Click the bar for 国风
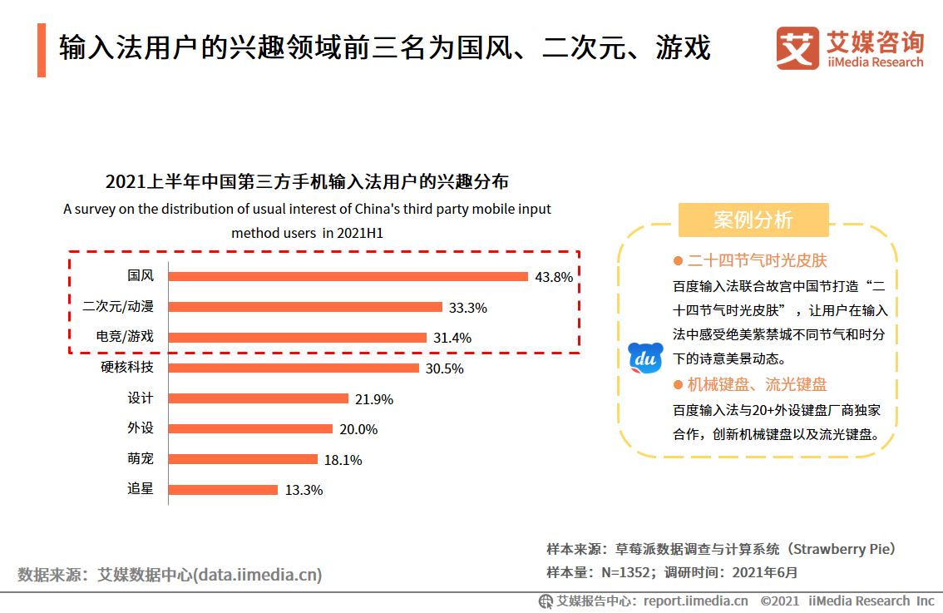coord(348,276)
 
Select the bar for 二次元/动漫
coord(305,307)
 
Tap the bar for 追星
coord(223,490)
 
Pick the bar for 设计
coord(258,398)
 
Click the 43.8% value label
coord(554,277)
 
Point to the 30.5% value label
coord(444,368)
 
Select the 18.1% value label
coord(343,460)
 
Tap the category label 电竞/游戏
coord(118,337)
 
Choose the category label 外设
coord(141,428)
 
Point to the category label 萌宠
coord(141,459)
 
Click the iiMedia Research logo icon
coord(797,49)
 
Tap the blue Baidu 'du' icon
coord(645,358)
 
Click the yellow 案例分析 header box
coord(753,220)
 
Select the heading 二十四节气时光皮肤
coord(757,260)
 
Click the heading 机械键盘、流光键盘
coord(757,384)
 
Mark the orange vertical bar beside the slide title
coord(42,50)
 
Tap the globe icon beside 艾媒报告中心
coord(546,601)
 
